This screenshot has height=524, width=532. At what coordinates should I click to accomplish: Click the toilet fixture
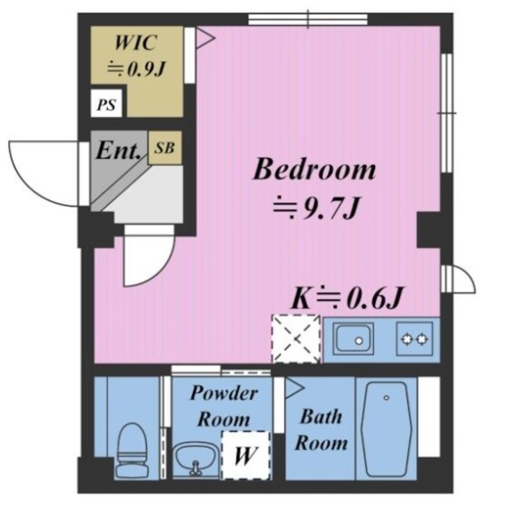point(132,450)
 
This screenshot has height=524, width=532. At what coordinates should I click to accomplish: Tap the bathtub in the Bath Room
point(387,429)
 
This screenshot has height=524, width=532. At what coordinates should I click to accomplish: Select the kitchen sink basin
point(353,339)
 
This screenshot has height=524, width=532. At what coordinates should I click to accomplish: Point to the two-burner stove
point(415,339)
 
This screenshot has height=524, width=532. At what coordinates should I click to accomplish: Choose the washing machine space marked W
point(246,455)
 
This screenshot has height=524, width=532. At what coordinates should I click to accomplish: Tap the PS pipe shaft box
point(107,103)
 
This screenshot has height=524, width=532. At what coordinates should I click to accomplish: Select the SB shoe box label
point(165,148)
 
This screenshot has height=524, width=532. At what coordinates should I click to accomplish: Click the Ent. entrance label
point(118,150)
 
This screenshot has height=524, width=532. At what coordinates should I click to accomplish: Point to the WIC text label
point(136,42)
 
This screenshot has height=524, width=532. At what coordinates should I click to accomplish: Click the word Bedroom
point(314,169)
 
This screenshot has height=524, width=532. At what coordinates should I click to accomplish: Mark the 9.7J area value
point(330,207)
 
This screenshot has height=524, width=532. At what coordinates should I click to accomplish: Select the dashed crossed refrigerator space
point(296,339)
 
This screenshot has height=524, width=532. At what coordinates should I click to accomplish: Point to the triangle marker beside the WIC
point(204,37)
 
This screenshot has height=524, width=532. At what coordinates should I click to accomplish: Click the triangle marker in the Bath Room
point(294,388)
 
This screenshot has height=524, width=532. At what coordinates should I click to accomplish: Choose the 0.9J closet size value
point(146,69)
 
